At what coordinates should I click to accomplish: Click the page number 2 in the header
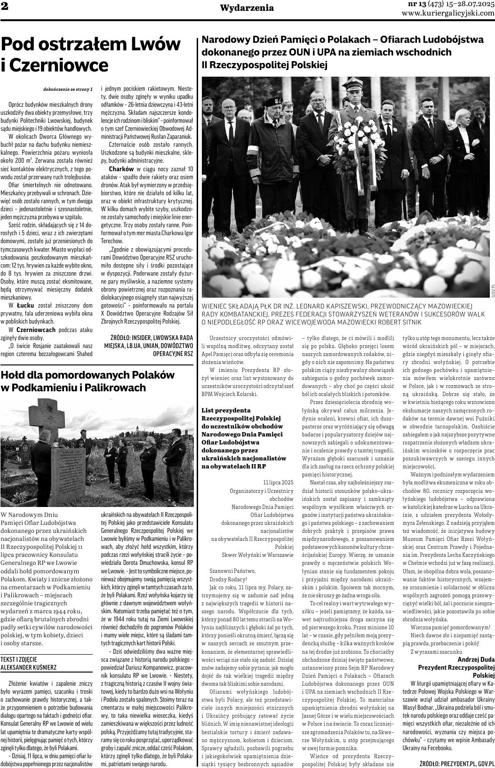point(4,7)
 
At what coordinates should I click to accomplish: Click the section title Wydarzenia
point(247,8)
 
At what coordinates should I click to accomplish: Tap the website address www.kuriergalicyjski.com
point(448,13)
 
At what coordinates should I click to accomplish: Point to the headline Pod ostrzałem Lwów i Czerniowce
point(91,54)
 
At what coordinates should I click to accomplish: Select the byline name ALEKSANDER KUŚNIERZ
point(28,667)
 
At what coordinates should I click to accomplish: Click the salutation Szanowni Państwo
point(232,570)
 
